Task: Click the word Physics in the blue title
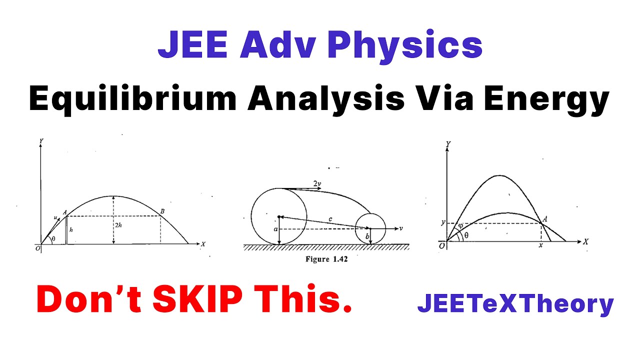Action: tap(405, 46)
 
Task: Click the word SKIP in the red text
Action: tap(210, 299)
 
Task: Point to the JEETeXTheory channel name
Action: tap(515, 303)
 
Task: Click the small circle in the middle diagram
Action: tap(370, 228)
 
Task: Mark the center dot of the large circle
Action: tap(279, 216)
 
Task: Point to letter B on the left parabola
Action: tap(161, 211)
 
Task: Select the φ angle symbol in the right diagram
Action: tap(460, 225)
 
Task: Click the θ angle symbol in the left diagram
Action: tap(54, 239)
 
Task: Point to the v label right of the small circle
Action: tap(401, 228)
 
